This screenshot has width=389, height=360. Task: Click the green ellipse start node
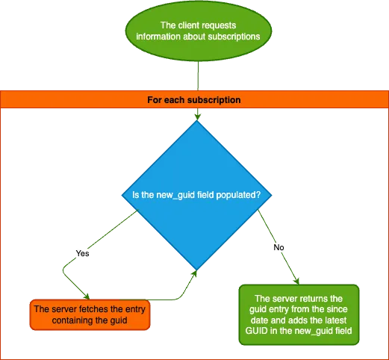click(197, 31)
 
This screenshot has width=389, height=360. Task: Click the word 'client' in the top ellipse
click(193, 25)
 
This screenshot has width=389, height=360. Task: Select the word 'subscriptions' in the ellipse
click(233, 37)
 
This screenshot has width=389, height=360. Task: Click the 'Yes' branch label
click(82, 253)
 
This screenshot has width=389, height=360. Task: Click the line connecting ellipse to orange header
click(197, 75)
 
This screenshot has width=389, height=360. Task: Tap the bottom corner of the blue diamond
click(197, 270)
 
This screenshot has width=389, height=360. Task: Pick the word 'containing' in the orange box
click(78, 320)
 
